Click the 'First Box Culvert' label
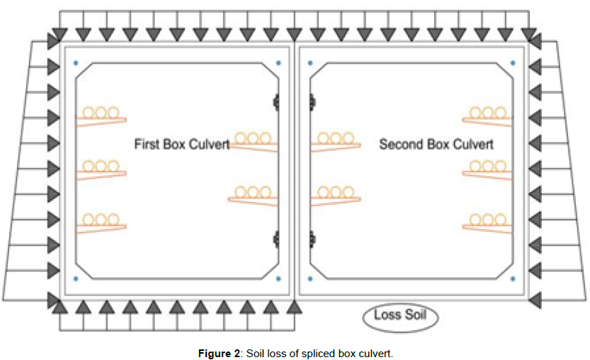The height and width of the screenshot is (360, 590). point(181,145)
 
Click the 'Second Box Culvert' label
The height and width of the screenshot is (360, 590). point(436,145)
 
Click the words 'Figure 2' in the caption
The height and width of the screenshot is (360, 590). point(219,353)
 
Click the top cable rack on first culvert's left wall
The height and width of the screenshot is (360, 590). point(101,115)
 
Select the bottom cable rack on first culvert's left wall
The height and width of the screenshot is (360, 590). point(101,223)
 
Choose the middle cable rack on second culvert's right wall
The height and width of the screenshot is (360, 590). point(488,169)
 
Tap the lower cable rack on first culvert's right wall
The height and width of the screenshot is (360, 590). point(253,195)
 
